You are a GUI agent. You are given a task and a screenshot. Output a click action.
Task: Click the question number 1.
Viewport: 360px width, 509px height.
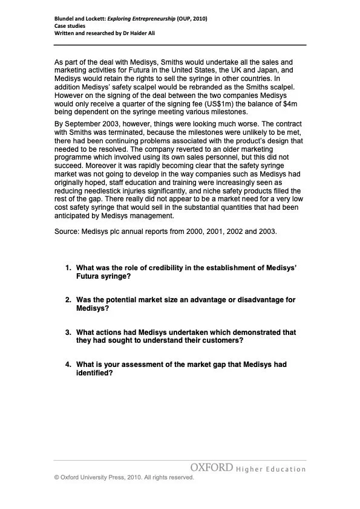pyautogui.click(x=68, y=267)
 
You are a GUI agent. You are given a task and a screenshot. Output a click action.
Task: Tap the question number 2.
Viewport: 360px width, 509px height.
pyautogui.click(x=68, y=300)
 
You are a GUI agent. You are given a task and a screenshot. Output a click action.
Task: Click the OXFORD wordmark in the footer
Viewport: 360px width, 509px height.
pyautogui.click(x=212, y=467)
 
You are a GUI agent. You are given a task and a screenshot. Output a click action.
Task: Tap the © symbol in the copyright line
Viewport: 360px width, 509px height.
pyautogui.click(x=57, y=477)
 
